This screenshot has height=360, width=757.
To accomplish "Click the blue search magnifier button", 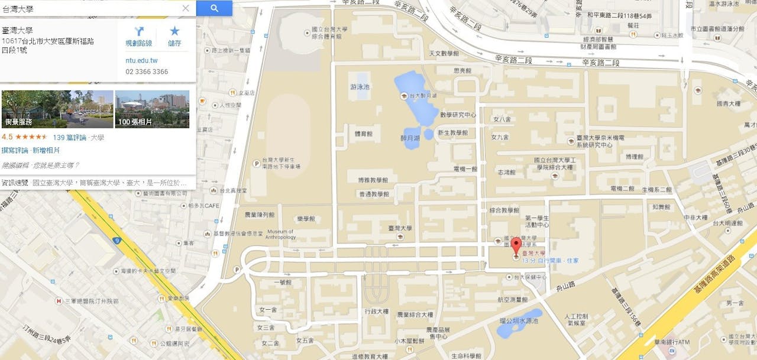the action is coord(214,8).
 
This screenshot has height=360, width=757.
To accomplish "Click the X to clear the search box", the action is coord(186,8).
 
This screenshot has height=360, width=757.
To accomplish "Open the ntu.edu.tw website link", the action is coord(141,60).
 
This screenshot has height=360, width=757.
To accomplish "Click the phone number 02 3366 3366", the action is coord(147,72).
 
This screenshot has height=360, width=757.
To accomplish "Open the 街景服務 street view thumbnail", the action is coord(57,109).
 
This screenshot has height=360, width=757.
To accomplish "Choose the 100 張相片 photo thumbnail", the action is coord(152,109).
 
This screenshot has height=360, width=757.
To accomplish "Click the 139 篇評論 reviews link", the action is coord(70,137).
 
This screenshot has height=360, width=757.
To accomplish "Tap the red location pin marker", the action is coord(516,246).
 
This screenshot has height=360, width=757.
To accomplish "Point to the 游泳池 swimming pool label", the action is coord(360,86).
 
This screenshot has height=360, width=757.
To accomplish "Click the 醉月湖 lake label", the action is coord(410,138).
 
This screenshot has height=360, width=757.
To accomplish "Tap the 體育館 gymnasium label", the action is coord(364,134).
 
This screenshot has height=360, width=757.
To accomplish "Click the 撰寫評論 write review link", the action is coord(15,150).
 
